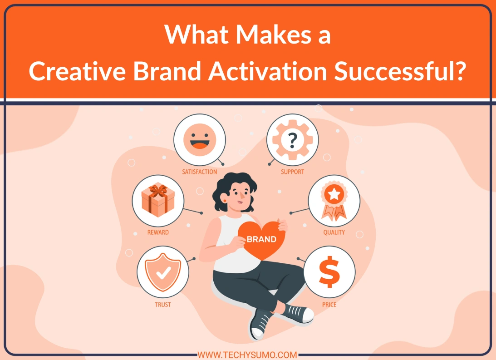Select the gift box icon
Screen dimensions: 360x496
[x=158, y=200]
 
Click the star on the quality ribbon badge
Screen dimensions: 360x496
[x=334, y=195]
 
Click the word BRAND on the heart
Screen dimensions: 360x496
[x=261, y=239]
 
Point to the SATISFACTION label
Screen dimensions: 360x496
[x=200, y=172]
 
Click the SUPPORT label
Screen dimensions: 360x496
[x=292, y=172]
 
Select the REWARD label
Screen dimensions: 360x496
[x=158, y=232]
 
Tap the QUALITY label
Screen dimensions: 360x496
[x=334, y=232]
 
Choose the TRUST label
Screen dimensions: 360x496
[x=163, y=305]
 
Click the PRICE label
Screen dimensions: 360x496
[x=329, y=305]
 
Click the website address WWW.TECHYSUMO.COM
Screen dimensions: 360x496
[x=247, y=355]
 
